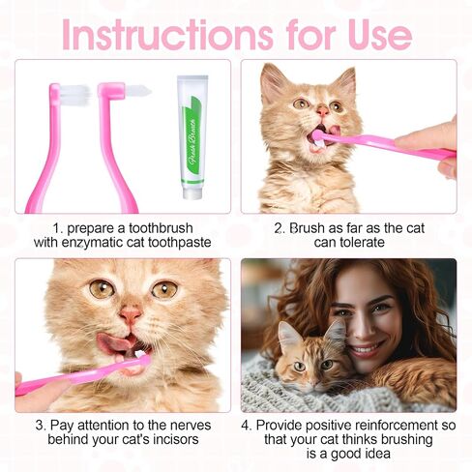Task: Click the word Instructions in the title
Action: (x=167, y=35)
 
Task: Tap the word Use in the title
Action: (x=380, y=35)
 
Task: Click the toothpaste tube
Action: (x=192, y=137)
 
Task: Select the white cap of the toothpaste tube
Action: (x=192, y=193)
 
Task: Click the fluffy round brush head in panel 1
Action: (x=75, y=95)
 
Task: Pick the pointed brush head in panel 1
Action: (x=138, y=91)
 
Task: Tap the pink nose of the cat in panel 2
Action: (x=322, y=111)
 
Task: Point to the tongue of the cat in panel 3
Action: (x=113, y=342)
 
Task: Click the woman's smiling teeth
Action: (x=365, y=349)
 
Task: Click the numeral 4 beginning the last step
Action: (x=246, y=426)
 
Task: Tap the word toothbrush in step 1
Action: (x=161, y=228)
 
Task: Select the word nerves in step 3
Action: (x=191, y=426)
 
